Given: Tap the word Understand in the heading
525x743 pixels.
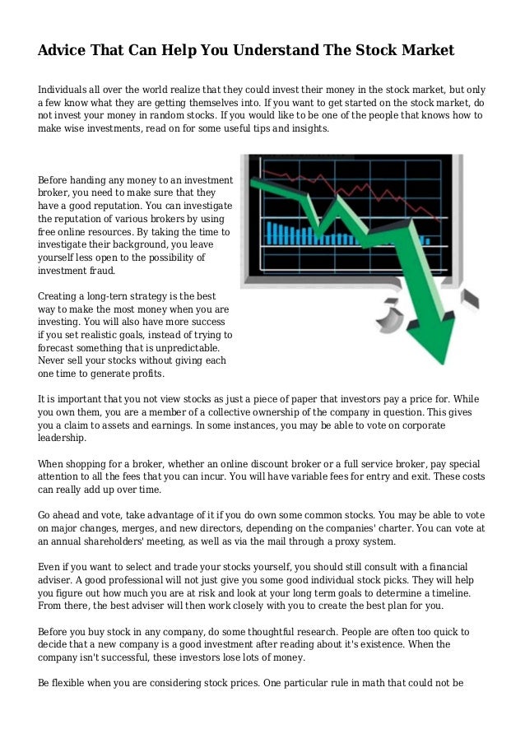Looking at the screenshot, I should (268, 51).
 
